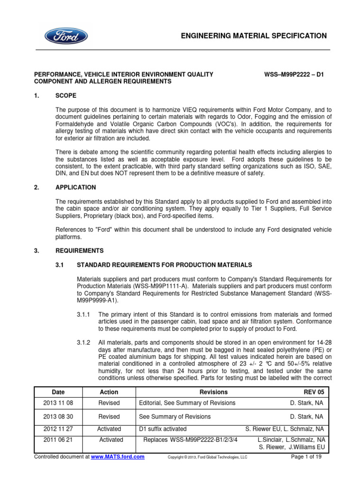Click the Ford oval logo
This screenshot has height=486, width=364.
[x=66, y=36]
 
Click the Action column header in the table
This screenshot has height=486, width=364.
[x=109, y=392]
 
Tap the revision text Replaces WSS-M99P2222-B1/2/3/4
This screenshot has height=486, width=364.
[x=190, y=440]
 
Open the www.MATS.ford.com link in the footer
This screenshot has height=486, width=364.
[x=118, y=457]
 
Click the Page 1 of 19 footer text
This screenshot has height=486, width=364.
[x=309, y=457]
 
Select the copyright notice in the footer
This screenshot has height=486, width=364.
[x=208, y=457]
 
